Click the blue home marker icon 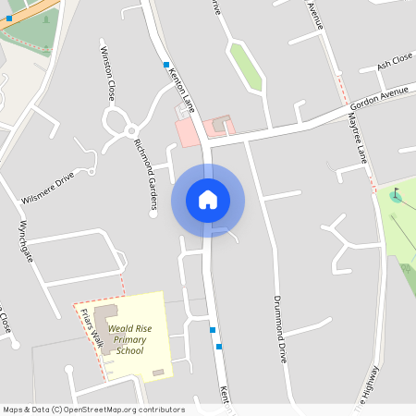coord(208,200)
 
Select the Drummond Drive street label coord(280,329)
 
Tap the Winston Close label coord(107,73)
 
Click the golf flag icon coord(396,195)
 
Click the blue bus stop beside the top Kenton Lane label coord(166,65)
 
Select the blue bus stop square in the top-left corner coord(9,18)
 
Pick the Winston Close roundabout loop coord(117,121)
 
